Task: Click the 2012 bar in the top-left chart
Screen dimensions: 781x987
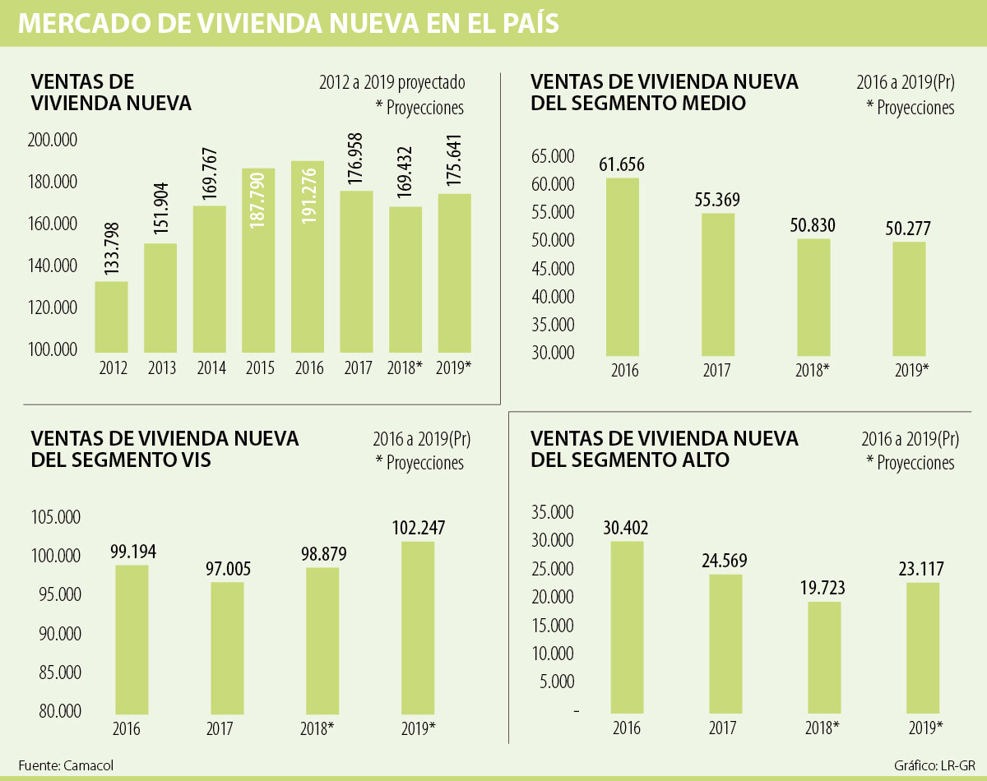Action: click(111, 317)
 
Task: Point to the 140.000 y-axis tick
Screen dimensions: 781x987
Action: click(55, 266)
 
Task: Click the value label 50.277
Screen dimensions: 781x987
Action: click(908, 229)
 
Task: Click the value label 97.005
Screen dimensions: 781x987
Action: click(227, 570)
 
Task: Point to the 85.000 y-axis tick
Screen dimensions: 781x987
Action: click(57, 672)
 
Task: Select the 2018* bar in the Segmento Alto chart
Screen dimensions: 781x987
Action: click(825, 657)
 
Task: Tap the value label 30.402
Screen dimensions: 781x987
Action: click(627, 528)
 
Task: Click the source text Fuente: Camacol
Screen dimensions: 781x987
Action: click(66, 765)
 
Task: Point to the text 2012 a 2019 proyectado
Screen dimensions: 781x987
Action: click(392, 82)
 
